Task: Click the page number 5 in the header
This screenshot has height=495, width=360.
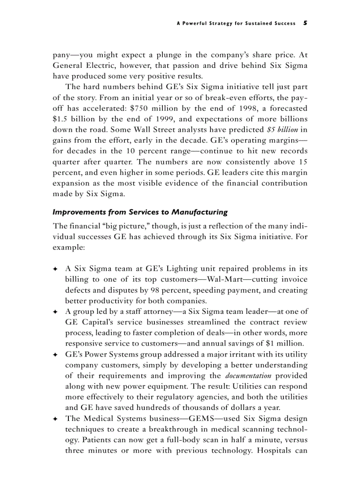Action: tap(305, 23)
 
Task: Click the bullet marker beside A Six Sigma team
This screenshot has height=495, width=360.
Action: tap(55, 269)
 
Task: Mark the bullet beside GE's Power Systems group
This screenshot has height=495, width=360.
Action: tap(55, 354)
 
